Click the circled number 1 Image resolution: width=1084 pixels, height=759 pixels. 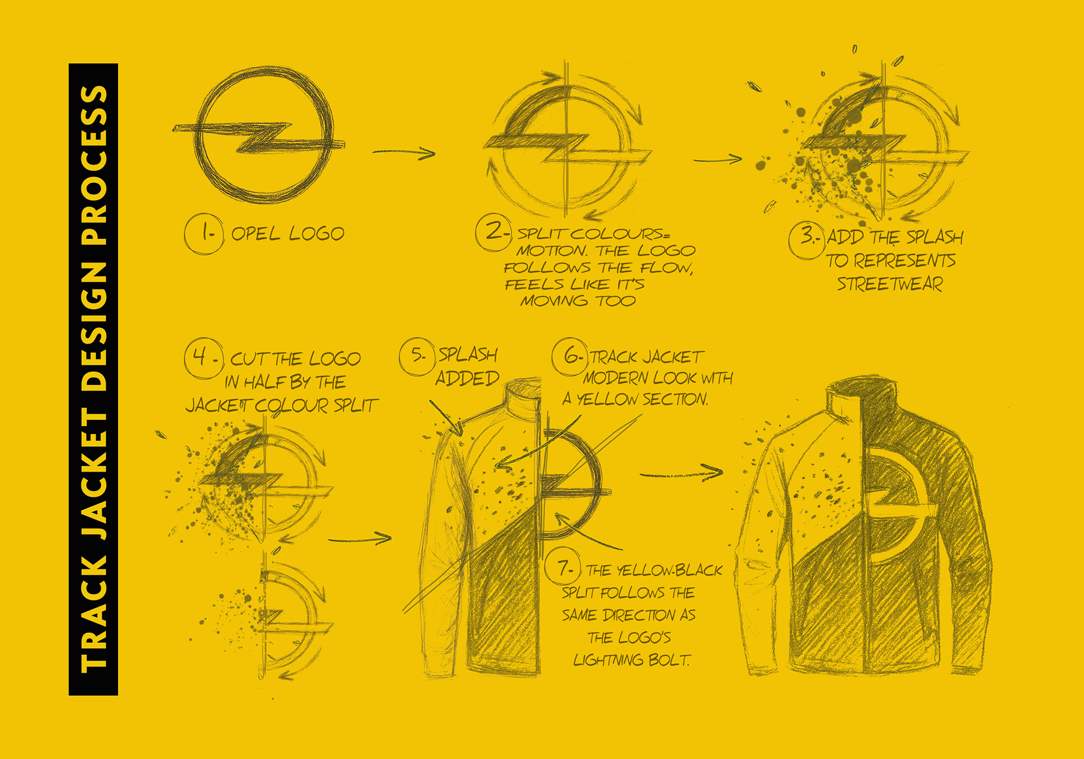204,234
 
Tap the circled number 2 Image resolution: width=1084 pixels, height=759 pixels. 493,232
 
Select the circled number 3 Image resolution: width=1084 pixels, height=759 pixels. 807,239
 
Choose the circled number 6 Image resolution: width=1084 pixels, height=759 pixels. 570,357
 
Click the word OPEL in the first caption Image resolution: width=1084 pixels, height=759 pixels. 256,234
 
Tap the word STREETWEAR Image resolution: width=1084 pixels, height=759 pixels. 890,284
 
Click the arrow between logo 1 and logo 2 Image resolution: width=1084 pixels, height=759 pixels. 404,152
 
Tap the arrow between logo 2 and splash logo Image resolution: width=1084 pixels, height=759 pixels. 718,160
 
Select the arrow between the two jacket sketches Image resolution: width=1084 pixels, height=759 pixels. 681,473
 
